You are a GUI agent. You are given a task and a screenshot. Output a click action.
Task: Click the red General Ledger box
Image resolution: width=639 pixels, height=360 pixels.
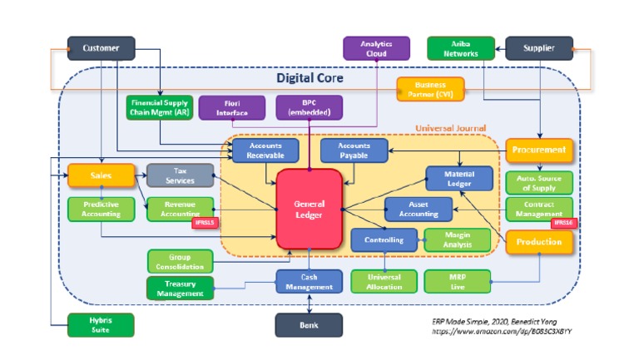tap(309, 208)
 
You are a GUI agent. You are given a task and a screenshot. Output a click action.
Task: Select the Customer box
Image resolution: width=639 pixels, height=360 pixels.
tap(101, 48)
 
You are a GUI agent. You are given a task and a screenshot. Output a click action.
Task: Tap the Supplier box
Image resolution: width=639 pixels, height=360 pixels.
tap(539, 48)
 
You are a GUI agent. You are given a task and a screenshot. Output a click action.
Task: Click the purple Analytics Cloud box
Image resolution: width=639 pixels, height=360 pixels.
tap(375, 48)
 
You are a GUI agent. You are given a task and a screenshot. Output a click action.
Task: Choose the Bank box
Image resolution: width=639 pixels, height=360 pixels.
tap(309, 325)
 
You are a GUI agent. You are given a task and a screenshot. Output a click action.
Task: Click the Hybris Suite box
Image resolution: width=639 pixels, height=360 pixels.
tap(101, 325)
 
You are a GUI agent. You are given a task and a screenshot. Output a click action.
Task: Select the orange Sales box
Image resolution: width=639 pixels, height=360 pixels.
tap(101, 175)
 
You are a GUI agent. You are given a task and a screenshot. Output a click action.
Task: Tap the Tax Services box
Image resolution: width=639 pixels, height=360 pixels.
tap(180, 175)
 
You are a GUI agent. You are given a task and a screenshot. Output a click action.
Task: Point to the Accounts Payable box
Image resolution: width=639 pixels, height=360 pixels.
tap(354, 150)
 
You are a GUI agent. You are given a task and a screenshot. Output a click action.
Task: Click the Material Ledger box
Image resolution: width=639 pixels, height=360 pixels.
tap(459, 178)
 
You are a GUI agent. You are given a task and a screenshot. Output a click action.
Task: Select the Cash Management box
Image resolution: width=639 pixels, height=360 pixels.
tap(309, 281)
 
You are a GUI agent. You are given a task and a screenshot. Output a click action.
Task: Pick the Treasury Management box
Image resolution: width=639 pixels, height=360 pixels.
tap(180, 288)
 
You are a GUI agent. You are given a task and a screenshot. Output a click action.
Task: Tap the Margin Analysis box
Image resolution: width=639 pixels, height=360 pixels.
tap(457, 239)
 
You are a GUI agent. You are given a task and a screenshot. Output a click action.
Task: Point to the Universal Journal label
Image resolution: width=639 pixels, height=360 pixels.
tap(450, 128)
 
